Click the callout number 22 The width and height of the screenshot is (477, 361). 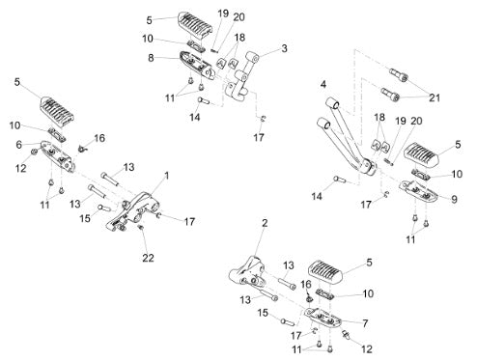coord(148,258)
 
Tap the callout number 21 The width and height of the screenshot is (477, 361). coord(435,97)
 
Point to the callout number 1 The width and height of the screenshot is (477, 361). coord(166,176)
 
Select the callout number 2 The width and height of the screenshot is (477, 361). coord(265,223)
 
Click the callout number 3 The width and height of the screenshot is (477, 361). coord(284,48)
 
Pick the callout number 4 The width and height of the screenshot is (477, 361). coord(323,84)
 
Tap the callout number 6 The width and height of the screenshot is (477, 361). coord(19,145)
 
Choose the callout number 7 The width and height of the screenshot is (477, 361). coord(365,323)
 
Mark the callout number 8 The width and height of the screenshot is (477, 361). coord(151,58)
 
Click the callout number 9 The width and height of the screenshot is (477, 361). coord(454,199)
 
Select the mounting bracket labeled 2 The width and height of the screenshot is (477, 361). coord(247,273)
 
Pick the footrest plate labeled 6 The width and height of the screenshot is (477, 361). coord(58,155)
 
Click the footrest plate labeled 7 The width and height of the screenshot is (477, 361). coord(323,318)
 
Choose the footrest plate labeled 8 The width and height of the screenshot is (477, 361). coord(197,65)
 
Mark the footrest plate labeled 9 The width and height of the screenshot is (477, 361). coord(418,189)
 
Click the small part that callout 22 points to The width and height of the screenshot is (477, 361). coord(141,228)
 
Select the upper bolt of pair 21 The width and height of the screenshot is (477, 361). coord(399,74)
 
